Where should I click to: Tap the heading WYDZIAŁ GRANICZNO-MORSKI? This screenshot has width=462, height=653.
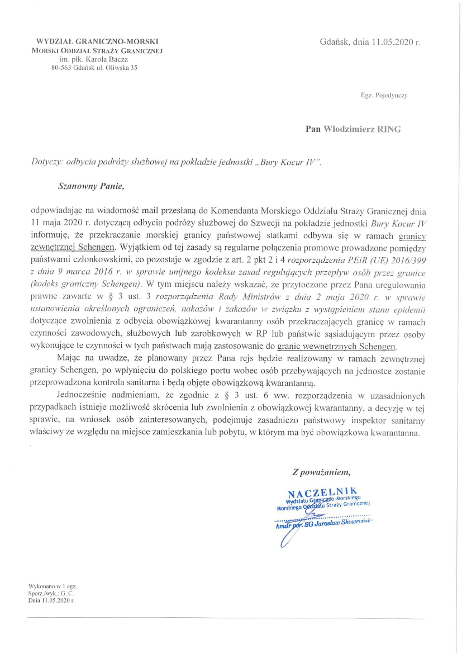click(97, 41)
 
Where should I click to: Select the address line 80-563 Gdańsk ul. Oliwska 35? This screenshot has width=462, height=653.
click(94, 68)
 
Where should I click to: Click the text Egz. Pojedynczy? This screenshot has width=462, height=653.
click(384, 96)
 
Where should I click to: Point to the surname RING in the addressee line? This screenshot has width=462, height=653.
click(389, 129)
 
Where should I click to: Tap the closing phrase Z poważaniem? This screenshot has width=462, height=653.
click(321, 472)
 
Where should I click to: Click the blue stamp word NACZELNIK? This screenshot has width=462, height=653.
click(323, 493)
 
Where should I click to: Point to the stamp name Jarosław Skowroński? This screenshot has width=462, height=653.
click(342, 523)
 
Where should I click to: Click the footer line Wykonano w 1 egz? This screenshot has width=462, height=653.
click(51, 585)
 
